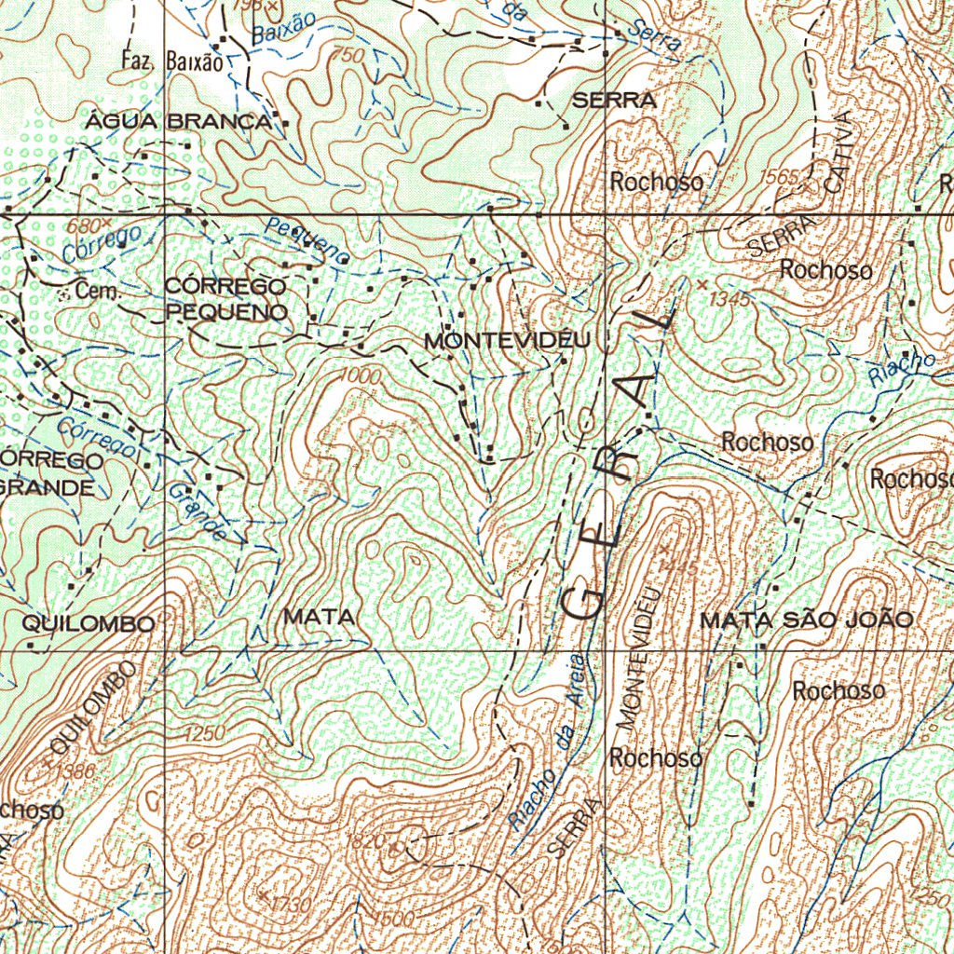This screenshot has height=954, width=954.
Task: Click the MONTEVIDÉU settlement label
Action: click(x=507, y=341)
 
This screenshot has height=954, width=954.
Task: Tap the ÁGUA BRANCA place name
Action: click(x=179, y=122)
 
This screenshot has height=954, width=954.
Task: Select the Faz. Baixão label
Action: click(x=172, y=62)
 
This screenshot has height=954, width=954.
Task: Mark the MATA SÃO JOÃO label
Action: click(x=806, y=620)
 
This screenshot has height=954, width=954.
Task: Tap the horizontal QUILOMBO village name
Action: click(x=89, y=623)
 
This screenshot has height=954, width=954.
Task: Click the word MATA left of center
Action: click(x=319, y=617)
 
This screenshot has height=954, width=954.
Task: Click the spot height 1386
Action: click(x=75, y=770)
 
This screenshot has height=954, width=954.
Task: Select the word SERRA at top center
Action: click(x=614, y=102)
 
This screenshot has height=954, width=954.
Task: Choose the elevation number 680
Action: click(x=82, y=226)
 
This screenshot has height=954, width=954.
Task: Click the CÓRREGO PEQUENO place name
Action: click(x=226, y=298)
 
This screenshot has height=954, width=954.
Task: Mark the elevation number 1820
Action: click(x=365, y=841)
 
